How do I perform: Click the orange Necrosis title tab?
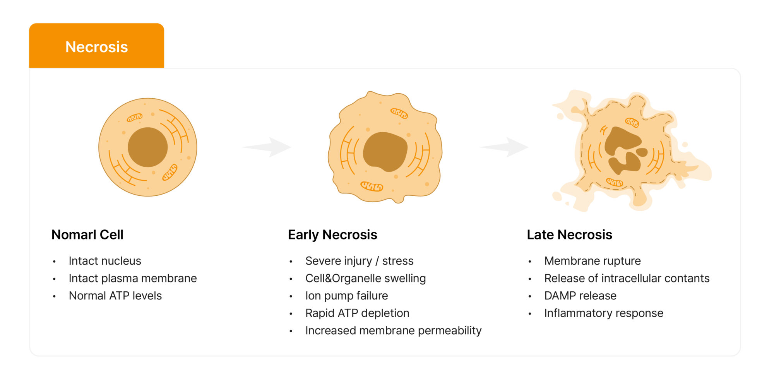click(96, 46)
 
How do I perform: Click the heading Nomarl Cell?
click(87, 235)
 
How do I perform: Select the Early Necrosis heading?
click(332, 235)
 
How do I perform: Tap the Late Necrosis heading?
click(569, 235)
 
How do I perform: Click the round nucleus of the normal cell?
click(147, 147)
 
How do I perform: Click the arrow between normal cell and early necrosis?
click(267, 147)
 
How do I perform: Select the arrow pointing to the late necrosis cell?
click(504, 147)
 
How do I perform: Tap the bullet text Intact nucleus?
click(105, 261)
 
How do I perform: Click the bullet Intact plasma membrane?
click(133, 279)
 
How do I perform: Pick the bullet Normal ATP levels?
click(115, 296)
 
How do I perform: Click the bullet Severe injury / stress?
click(360, 261)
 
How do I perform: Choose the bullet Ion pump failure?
click(347, 296)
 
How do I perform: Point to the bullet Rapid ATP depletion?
click(357, 313)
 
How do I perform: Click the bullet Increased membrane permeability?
click(394, 331)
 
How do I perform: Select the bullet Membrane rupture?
click(592, 261)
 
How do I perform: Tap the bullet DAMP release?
click(580, 296)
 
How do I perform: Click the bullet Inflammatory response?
click(604, 313)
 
